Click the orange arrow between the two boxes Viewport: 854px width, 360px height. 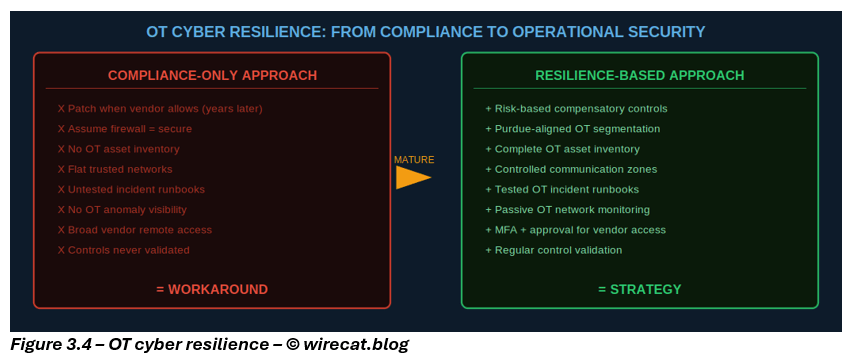tap(413, 177)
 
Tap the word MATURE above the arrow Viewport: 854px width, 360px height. tap(414, 160)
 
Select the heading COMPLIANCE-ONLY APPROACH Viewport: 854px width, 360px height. tap(212, 75)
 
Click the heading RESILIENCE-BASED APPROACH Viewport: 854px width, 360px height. tap(640, 75)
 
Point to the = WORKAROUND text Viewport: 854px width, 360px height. tap(212, 289)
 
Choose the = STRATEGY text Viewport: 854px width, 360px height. tap(640, 289)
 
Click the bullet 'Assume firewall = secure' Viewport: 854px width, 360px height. tap(125, 129)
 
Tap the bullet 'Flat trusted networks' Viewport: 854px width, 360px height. tap(115, 169)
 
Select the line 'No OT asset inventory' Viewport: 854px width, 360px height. tap(119, 149)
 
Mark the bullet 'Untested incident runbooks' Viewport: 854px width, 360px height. tap(131, 190)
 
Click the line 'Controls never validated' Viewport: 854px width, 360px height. tap(124, 251)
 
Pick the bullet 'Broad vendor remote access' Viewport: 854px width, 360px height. tap(135, 230)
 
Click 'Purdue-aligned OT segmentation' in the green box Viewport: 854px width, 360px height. tap(572, 129)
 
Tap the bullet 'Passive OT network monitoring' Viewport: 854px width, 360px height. tap(568, 210)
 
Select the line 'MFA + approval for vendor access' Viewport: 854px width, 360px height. tap(575, 230)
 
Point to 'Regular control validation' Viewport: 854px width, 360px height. tap(553, 251)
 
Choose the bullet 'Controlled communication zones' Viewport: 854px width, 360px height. tap(571, 169)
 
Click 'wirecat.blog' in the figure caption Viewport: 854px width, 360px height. tap(356, 345)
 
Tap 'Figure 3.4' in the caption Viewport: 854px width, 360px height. tap(52, 345)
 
